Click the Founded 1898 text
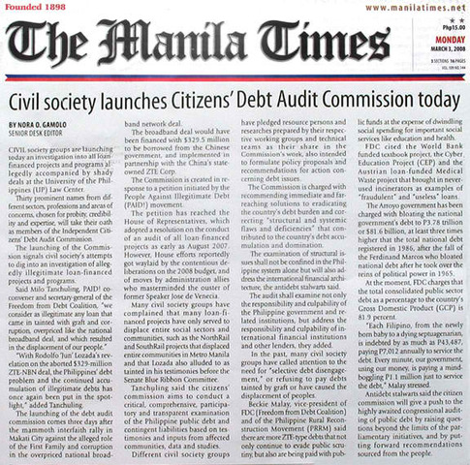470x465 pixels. point(39,7)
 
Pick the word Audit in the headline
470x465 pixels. point(308,100)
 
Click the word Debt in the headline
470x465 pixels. point(268,100)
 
